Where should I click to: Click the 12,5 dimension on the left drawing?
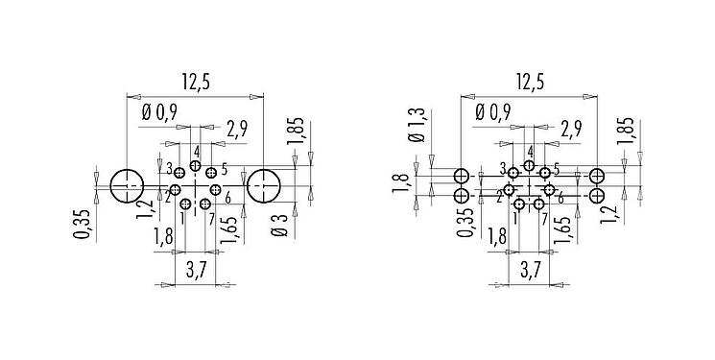click(x=193, y=84)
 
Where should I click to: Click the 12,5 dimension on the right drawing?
click(x=529, y=84)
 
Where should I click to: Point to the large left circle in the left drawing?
click(x=126, y=185)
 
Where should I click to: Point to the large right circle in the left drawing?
click(x=263, y=185)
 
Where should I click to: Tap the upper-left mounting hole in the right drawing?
click(x=462, y=177)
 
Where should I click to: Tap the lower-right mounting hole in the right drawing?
click(x=597, y=196)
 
